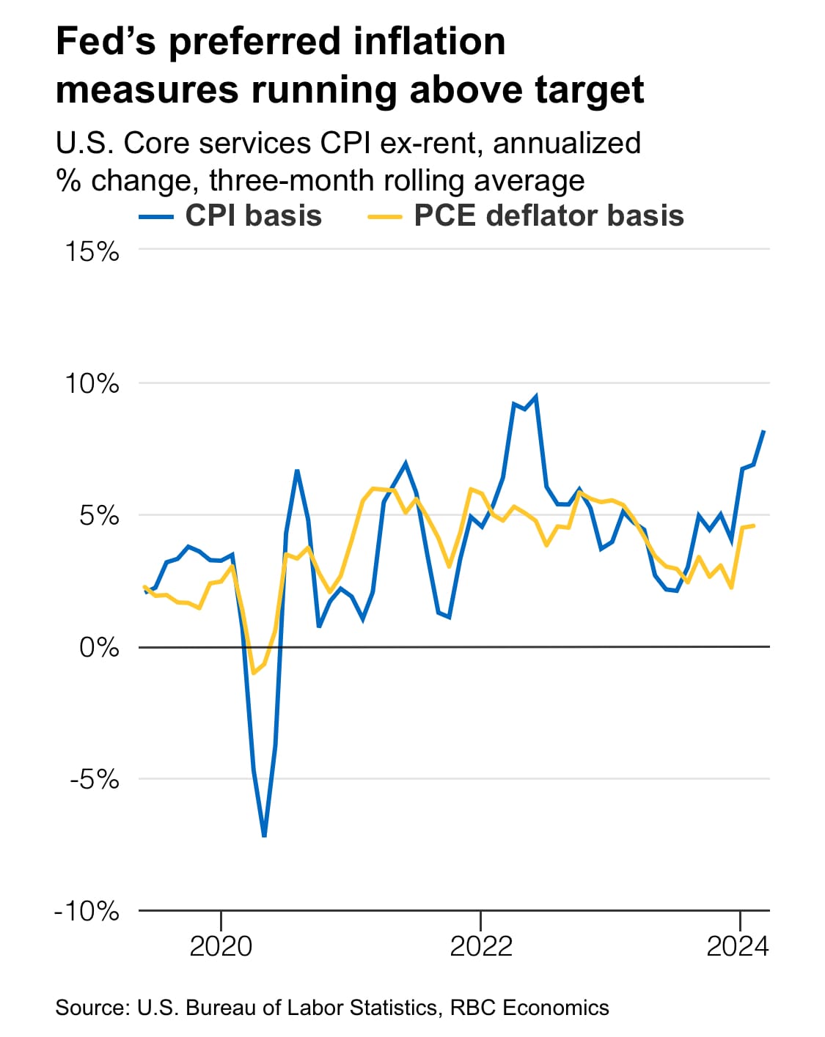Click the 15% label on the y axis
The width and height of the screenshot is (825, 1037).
(92, 251)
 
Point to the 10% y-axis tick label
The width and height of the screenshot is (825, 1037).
(92, 383)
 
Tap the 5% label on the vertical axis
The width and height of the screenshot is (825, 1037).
(98, 515)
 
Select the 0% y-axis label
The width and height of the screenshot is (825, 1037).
(98, 647)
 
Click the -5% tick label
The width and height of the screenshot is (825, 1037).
(94, 779)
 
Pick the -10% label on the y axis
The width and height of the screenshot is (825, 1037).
(87, 911)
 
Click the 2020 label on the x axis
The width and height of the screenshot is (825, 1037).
(221, 946)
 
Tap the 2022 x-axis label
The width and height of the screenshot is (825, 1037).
(480, 946)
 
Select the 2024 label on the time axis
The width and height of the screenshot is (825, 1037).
(738, 946)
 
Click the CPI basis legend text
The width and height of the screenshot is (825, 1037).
(253, 216)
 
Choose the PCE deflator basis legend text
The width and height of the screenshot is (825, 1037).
(549, 216)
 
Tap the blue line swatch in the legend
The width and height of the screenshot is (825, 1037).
(156, 217)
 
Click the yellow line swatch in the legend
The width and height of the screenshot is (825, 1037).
(384, 217)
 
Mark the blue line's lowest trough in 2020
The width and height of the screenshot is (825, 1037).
(264, 835)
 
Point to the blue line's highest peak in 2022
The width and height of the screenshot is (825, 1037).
(536, 396)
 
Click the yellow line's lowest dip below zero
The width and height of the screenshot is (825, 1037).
(253, 673)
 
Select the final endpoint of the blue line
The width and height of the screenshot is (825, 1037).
(764, 431)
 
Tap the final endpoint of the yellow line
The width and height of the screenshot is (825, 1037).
(754, 525)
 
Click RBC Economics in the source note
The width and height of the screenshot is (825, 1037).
(529, 1008)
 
